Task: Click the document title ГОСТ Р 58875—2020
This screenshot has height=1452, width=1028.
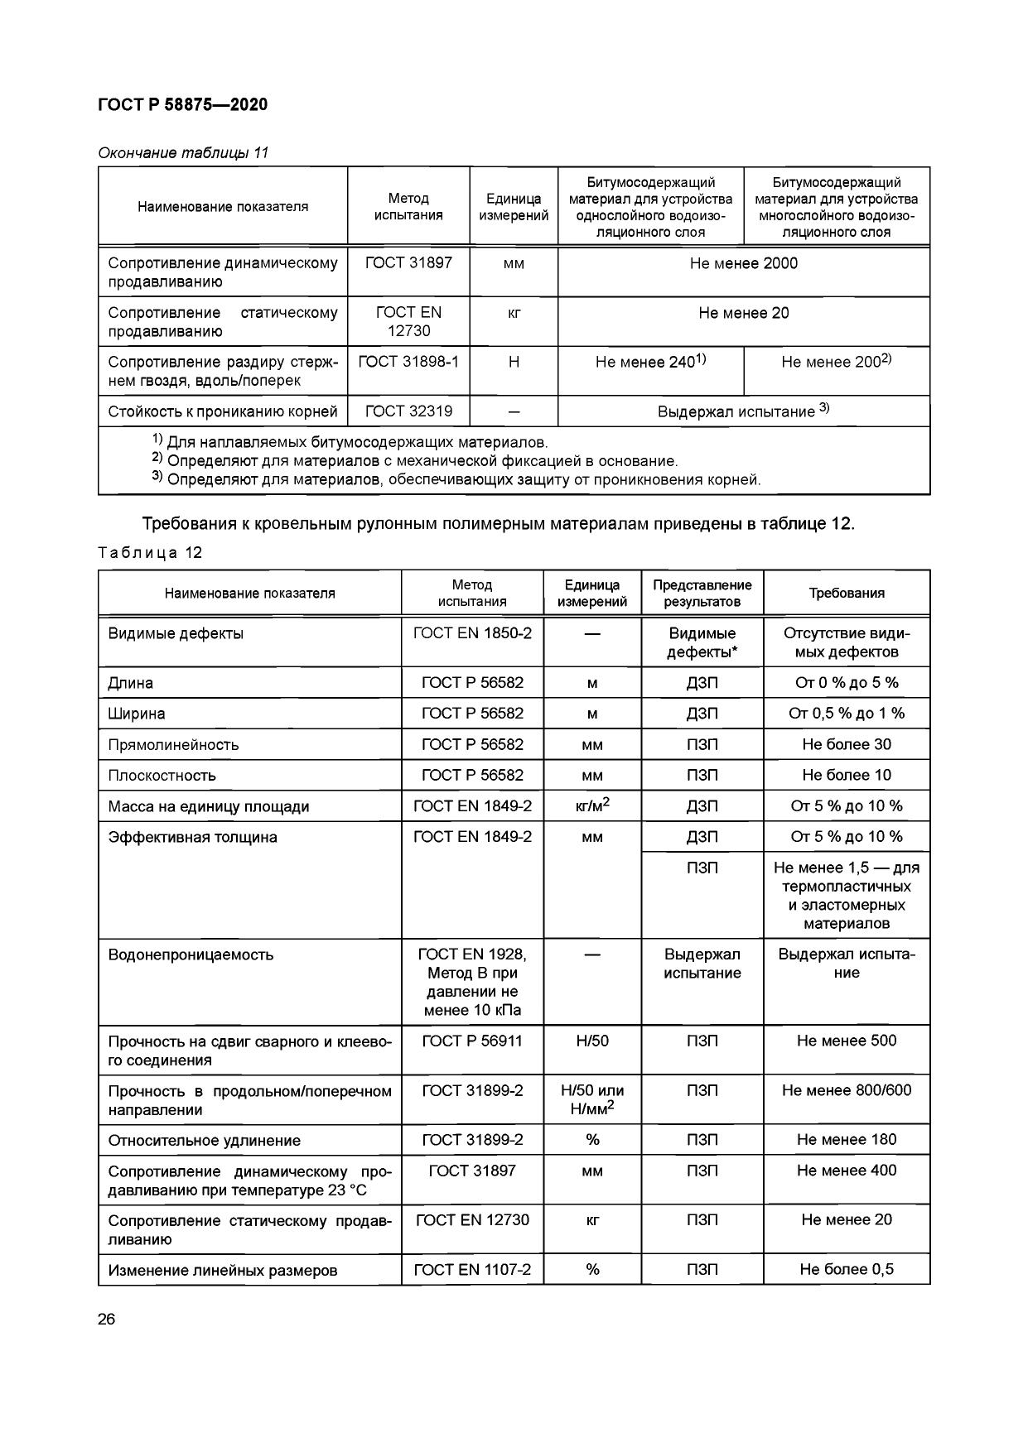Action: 182,104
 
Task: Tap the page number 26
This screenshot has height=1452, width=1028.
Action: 107,1320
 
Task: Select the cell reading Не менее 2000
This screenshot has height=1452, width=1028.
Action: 743,264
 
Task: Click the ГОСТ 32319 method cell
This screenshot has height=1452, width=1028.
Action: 408,411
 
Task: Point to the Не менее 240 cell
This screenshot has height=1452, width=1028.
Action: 650,362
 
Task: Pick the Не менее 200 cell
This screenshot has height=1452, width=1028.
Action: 836,362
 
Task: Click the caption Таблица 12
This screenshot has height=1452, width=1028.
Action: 150,553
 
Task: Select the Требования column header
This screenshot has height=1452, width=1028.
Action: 846,593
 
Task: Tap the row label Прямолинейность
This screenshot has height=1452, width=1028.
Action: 173,744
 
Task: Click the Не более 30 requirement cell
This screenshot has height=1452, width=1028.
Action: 846,744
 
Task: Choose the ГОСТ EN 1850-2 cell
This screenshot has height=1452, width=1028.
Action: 472,633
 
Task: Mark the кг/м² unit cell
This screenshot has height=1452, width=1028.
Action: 591,805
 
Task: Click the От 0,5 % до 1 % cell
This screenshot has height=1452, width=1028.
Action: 846,713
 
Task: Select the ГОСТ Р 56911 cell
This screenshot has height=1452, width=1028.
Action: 472,1041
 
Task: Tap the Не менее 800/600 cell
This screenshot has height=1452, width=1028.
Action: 846,1090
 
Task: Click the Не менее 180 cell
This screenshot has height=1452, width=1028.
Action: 846,1139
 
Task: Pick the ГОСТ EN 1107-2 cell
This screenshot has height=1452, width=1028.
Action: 472,1269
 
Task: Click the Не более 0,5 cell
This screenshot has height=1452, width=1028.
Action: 846,1269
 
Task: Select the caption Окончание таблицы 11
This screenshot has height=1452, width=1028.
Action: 183,153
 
